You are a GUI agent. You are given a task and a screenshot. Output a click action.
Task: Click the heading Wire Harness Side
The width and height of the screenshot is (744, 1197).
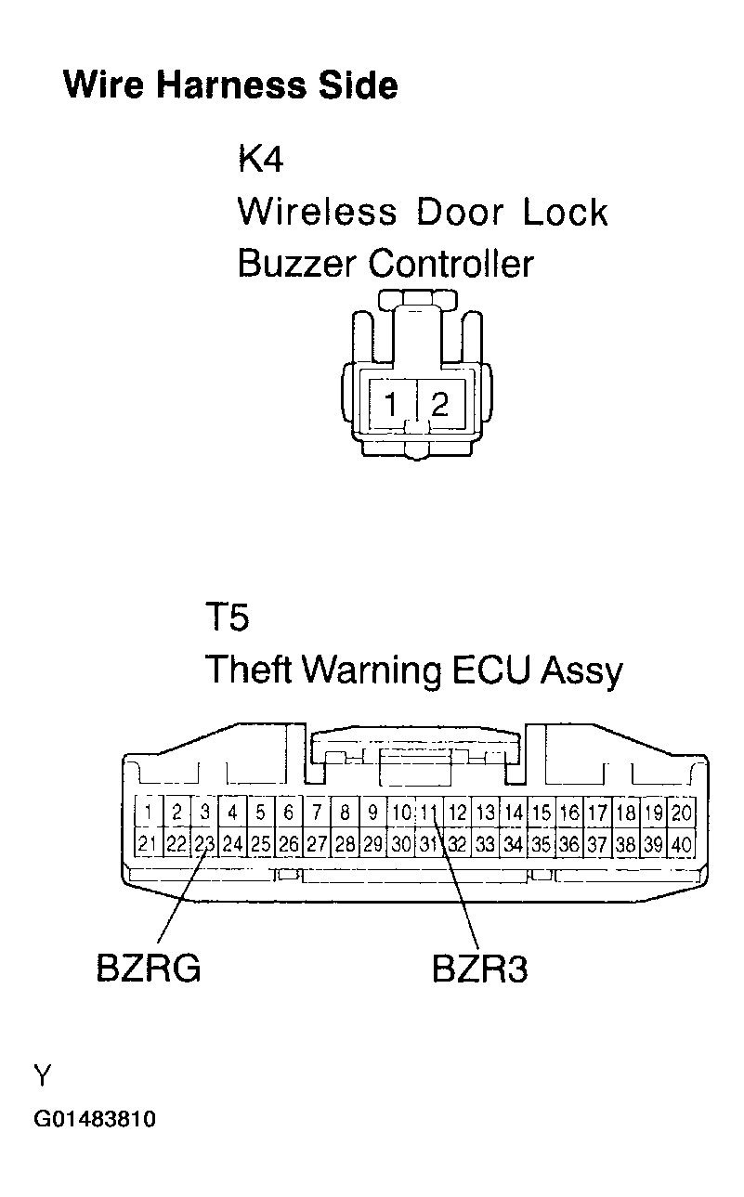pyautogui.click(x=229, y=85)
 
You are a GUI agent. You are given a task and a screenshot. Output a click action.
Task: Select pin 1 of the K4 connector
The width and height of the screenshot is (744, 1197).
pyautogui.click(x=393, y=405)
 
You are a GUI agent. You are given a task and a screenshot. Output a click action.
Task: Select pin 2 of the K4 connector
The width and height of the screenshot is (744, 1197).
pyautogui.click(x=440, y=405)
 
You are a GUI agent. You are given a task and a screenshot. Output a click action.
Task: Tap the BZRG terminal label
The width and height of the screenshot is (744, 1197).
pyautogui.click(x=149, y=969)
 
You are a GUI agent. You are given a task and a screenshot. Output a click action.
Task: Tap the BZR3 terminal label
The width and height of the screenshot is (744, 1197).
pyautogui.click(x=480, y=969)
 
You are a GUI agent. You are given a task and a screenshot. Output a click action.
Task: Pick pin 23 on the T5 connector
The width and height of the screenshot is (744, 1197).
pyautogui.click(x=204, y=844)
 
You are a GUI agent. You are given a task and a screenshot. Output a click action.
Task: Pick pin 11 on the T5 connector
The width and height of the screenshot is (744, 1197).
pyautogui.click(x=428, y=813)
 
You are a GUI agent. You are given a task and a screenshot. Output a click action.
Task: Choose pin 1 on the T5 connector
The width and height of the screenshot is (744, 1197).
pyautogui.click(x=148, y=813)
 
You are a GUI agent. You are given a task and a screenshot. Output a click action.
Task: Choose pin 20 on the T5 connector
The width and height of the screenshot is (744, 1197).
pyautogui.click(x=682, y=813)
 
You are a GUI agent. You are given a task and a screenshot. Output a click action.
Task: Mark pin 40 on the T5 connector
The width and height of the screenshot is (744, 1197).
pyautogui.click(x=682, y=844)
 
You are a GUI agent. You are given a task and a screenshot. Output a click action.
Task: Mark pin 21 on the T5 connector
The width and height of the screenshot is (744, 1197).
pyautogui.click(x=148, y=844)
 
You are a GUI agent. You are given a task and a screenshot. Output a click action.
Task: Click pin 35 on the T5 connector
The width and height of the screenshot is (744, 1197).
pyautogui.click(x=542, y=844)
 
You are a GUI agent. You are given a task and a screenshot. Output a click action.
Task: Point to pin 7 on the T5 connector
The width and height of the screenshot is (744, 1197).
pyautogui.click(x=317, y=813)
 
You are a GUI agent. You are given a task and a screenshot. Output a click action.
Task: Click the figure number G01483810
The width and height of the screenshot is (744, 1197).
pyautogui.click(x=95, y=1119)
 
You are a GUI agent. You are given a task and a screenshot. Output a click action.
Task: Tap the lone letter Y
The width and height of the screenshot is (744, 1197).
pyautogui.click(x=42, y=1076)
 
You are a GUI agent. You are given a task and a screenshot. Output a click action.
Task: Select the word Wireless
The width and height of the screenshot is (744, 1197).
pyautogui.click(x=316, y=212)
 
